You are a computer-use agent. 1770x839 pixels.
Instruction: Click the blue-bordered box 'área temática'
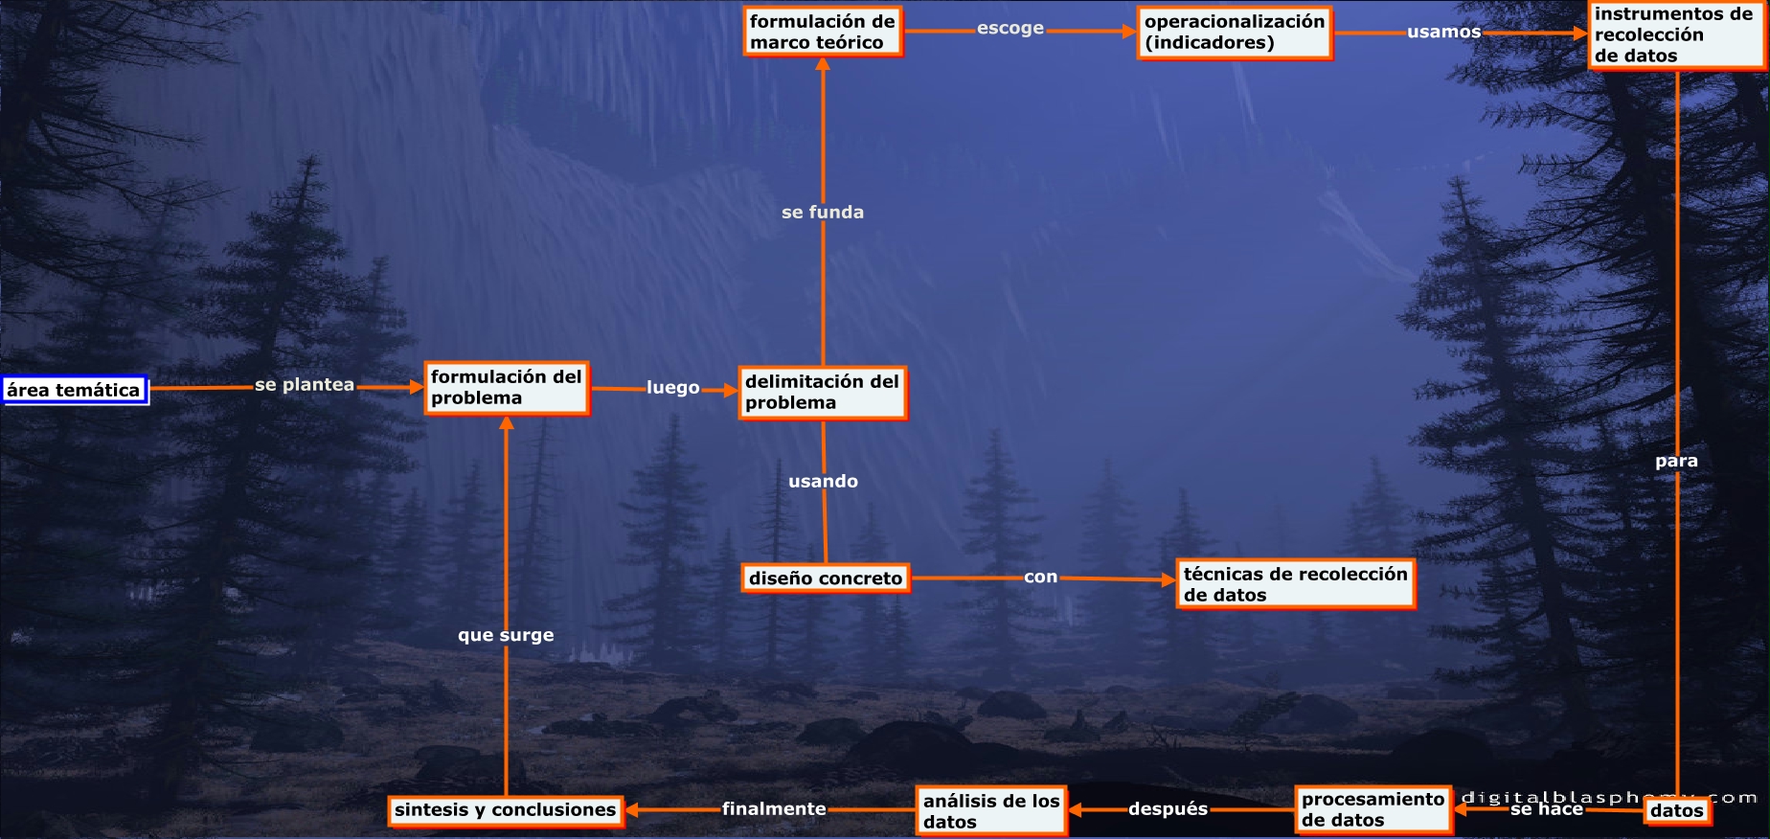pos(75,390)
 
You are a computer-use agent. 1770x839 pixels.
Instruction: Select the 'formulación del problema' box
pos(507,388)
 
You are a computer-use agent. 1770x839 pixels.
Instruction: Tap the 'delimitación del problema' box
pos(822,393)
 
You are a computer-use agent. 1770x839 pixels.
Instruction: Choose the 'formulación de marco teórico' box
pos(823,32)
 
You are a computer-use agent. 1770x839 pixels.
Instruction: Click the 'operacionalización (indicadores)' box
pos(1235,33)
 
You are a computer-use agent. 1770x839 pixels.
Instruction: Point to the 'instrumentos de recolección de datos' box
pos(1674,35)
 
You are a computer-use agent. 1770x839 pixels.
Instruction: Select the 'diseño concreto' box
pos(825,578)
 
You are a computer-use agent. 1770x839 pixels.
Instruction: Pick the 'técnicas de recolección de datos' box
pos(1295,584)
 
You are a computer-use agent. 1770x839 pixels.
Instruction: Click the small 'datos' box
pos(1676,811)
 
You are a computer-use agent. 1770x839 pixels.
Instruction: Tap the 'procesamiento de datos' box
pos(1373,810)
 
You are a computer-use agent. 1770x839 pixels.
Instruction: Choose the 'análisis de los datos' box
pos(991,811)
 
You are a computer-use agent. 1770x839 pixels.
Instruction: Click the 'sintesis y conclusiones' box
pos(506,810)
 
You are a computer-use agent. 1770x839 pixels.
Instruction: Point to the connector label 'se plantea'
pos(305,385)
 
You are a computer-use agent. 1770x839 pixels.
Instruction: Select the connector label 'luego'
pos(672,388)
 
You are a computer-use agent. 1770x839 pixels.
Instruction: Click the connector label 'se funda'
pos(823,213)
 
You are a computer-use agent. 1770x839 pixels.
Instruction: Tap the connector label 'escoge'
pos(1010,29)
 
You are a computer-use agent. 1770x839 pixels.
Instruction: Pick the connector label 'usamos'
pos(1443,32)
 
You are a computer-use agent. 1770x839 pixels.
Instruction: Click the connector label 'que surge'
pos(506,635)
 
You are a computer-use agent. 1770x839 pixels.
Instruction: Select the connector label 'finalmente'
pos(774,809)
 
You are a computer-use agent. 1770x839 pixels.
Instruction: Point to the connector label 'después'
pos(1168,809)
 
